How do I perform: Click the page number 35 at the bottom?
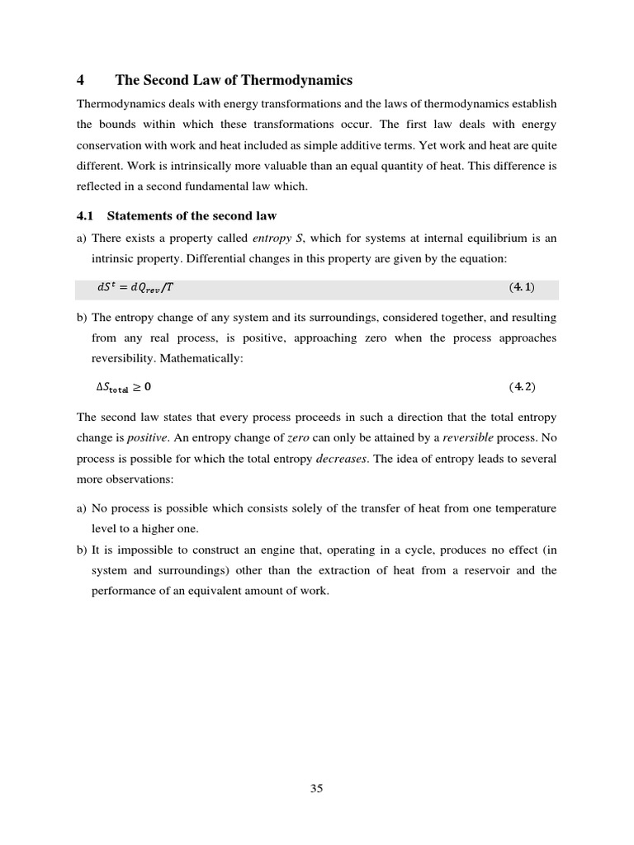pos(316,788)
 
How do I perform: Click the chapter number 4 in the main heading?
pos(80,80)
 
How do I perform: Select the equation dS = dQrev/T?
pos(135,288)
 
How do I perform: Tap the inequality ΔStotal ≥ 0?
pos(124,386)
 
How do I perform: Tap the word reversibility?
pos(126,359)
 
